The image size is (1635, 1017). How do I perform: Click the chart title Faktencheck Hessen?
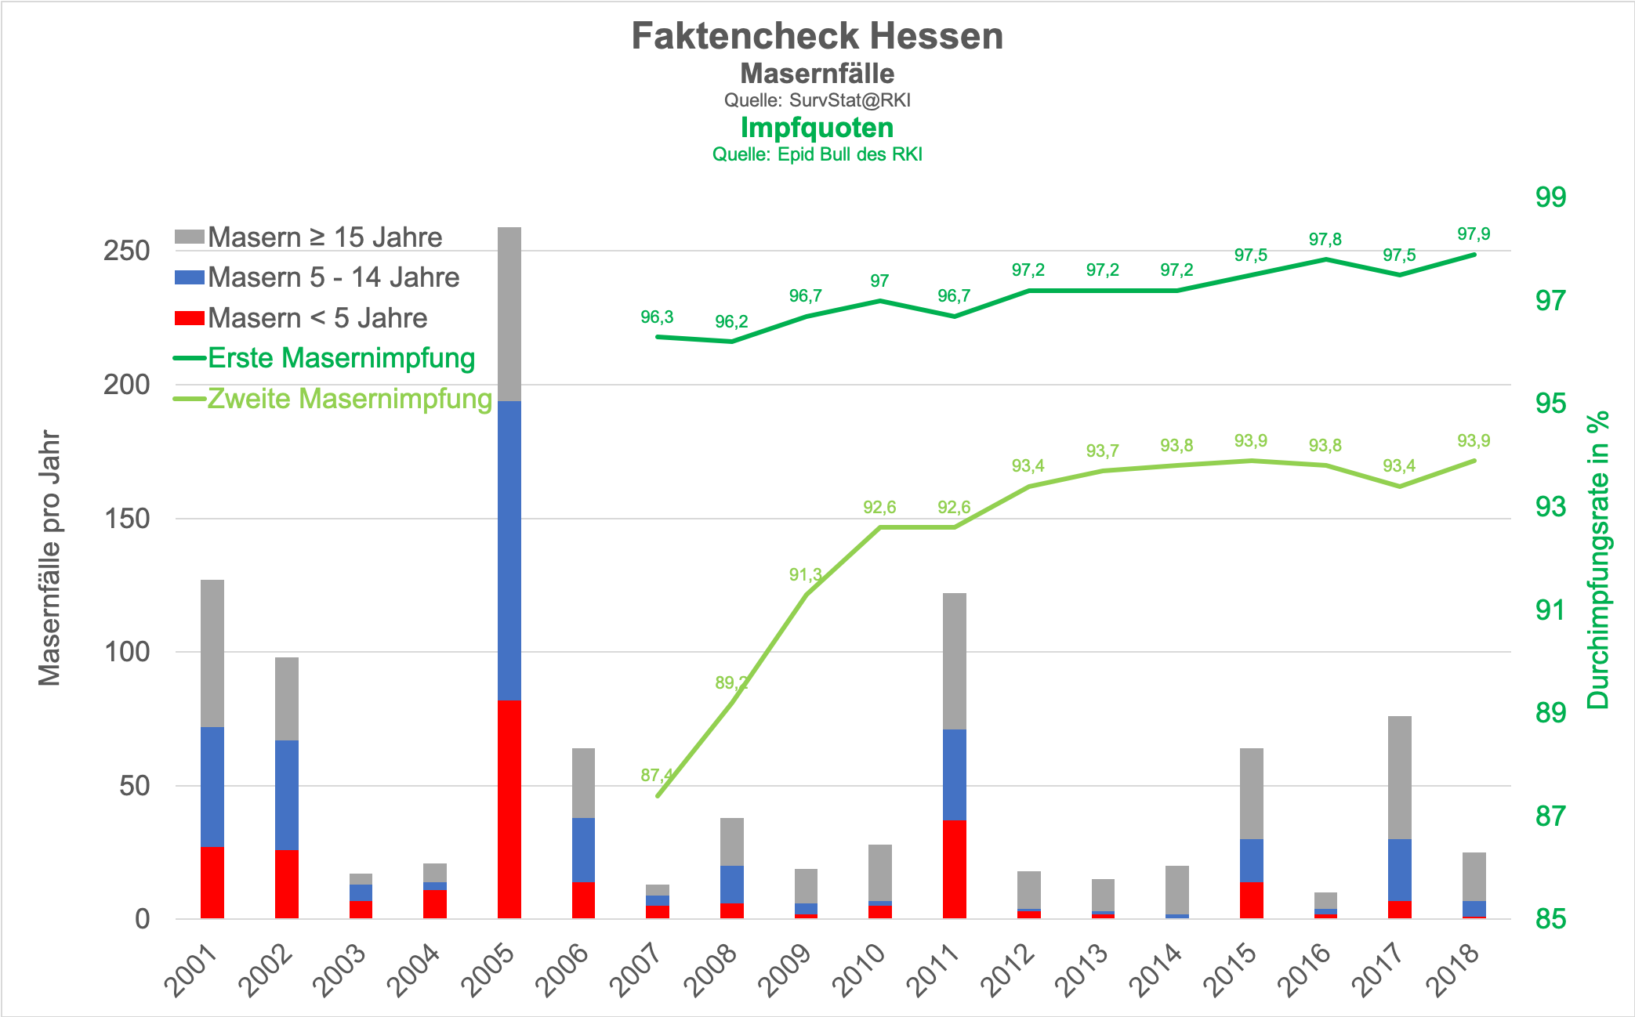click(x=817, y=36)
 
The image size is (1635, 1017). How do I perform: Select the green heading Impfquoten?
click(x=817, y=128)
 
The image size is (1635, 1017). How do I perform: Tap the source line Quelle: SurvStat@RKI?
click(x=817, y=100)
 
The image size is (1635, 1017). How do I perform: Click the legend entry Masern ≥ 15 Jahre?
click(x=324, y=237)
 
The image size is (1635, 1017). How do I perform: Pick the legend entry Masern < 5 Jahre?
click(x=317, y=318)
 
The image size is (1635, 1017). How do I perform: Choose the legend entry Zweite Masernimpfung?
click(x=349, y=399)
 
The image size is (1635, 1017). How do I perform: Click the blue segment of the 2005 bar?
click(x=509, y=550)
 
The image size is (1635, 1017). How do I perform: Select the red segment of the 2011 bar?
click(x=954, y=869)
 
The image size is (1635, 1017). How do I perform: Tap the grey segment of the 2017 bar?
click(x=1399, y=777)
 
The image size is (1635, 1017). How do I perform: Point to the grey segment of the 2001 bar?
click(x=212, y=653)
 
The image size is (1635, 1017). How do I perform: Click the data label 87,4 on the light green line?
click(x=656, y=775)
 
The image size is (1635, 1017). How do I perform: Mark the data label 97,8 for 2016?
click(x=1325, y=240)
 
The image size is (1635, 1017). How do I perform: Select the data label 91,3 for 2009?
click(x=805, y=575)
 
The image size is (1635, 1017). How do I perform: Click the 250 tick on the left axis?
click(x=126, y=251)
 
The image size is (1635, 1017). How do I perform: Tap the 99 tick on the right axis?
click(x=1550, y=197)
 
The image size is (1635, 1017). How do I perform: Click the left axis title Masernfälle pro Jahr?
click(x=49, y=558)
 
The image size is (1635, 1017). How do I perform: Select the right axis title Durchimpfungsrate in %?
click(x=1597, y=559)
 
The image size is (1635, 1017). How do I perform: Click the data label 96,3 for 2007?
click(x=656, y=317)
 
